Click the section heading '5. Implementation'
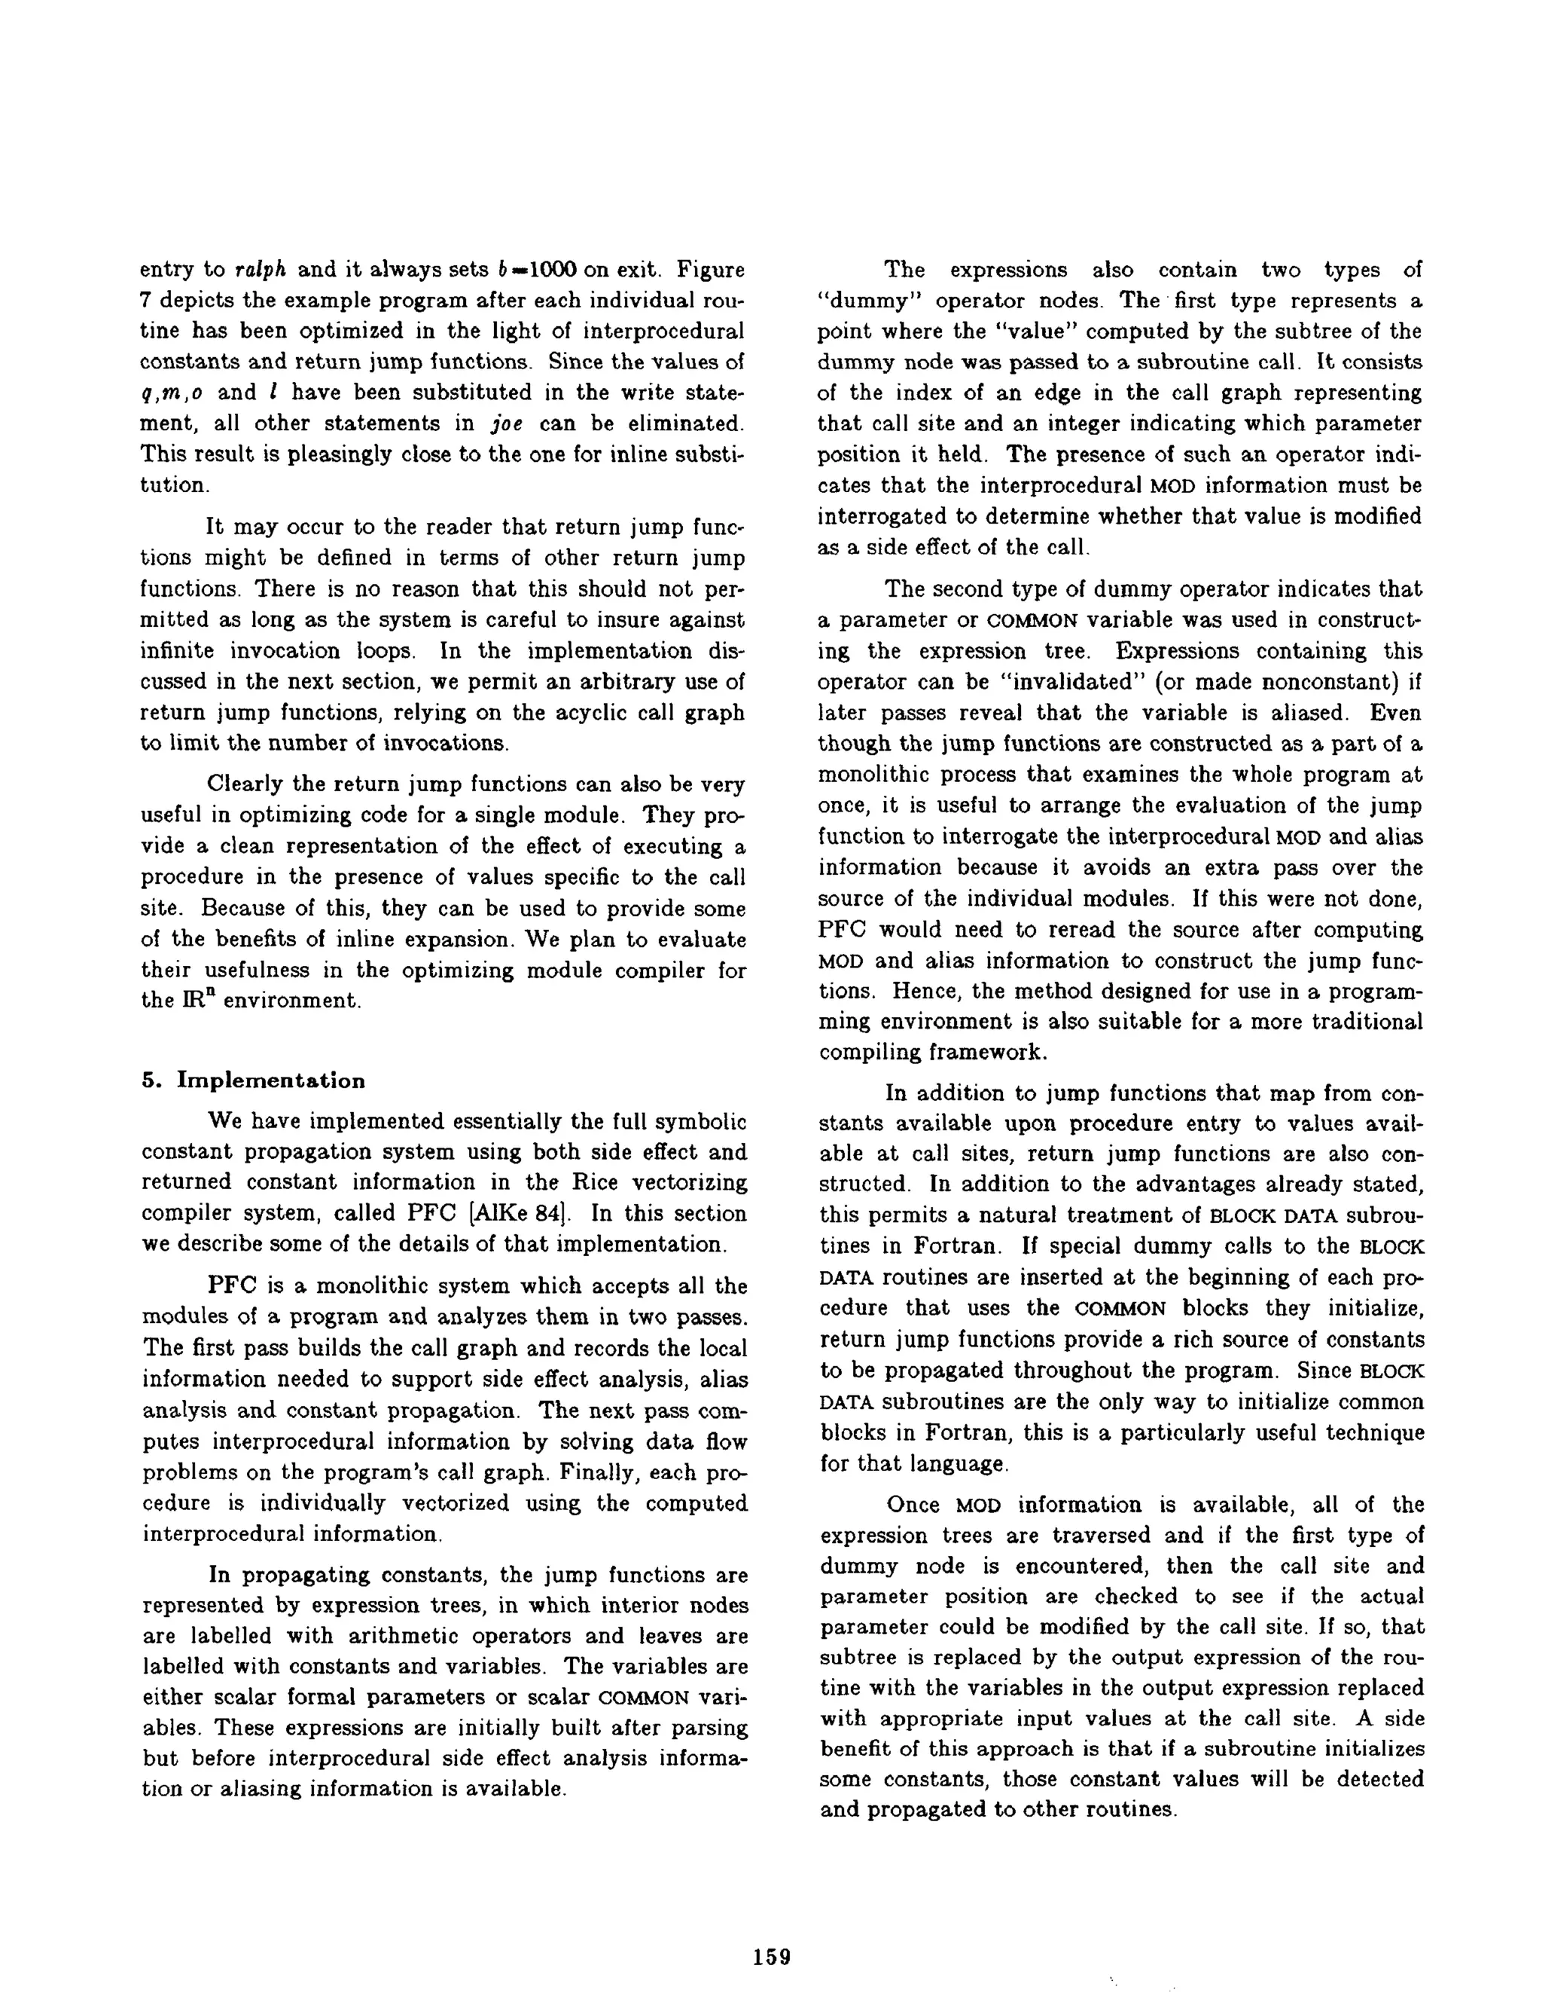tap(253, 1081)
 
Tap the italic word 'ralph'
tap(262, 271)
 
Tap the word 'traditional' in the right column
tap(1366, 1022)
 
